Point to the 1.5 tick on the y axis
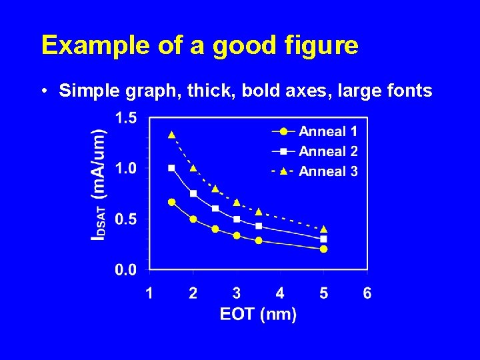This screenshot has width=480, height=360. (x=126, y=118)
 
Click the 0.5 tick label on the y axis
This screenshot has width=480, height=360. (x=126, y=219)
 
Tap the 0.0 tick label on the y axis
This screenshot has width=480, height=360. (x=126, y=269)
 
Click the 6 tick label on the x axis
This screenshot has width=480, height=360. (x=367, y=293)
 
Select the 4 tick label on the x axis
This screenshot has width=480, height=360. (x=280, y=293)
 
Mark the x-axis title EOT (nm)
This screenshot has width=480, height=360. (x=258, y=314)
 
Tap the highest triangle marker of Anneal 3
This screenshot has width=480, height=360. (x=171, y=135)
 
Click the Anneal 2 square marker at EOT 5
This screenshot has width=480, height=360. (x=323, y=239)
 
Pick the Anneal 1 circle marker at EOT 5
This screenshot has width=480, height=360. (x=323, y=249)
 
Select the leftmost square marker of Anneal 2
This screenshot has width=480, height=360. (x=171, y=168)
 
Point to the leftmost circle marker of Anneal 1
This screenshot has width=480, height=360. (x=171, y=202)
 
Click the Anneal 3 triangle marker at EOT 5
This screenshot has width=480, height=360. (x=323, y=229)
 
